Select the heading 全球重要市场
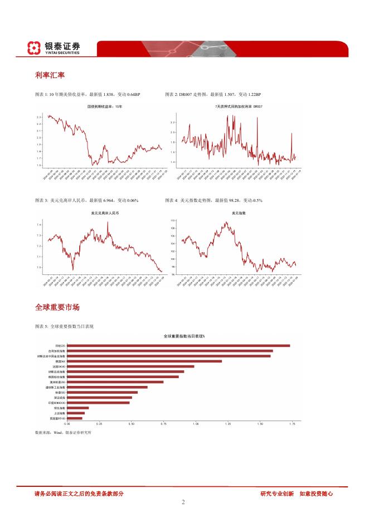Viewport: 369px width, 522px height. [x=57, y=307]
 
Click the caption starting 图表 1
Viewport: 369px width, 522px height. [x=87, y=95]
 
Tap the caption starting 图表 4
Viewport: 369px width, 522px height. [x=214, y=200]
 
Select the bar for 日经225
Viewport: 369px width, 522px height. [x=178, y=346]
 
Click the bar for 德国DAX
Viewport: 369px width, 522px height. [x=144, y=361]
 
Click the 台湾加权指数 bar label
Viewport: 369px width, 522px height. [x=58, y=351]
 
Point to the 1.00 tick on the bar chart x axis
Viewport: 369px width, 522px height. [x=196, y=424]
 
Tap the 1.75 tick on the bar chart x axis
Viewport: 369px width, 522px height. [x=292, y=424]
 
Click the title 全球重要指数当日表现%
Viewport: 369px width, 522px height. [x=184, y=336]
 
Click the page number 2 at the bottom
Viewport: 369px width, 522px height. [x=183, y=502]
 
